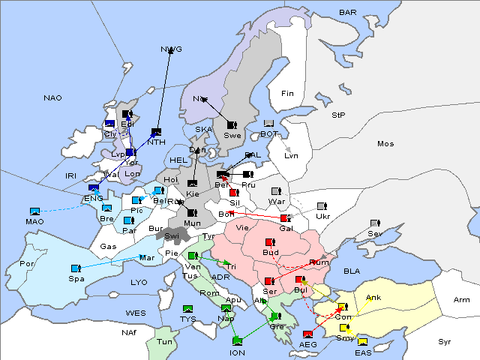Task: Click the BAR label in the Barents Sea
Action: (x=348, y=13)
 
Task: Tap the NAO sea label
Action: (x=52, y=98)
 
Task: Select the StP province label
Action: (x=338, y=115)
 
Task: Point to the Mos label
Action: (x=385, y=143)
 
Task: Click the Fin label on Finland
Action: (x=286, y=94)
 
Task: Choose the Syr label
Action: (x=445, y=341)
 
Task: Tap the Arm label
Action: (x=462, y=300)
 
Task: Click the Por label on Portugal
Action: (x=27, y=264)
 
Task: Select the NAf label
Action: (x=130, y=331)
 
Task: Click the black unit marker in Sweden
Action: (x=232, y=124)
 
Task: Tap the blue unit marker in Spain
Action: (x=75, y=268)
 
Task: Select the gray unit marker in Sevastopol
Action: (x=375, y=223)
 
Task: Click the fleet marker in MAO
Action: (x=34, y=211)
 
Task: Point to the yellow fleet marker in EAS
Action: (x=362, y=343)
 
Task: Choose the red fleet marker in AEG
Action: (x=307, y=334)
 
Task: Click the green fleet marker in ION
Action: (x=238, y=342)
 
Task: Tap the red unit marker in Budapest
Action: (x=271, y=242)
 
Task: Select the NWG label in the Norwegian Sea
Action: (x=171, y=49)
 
